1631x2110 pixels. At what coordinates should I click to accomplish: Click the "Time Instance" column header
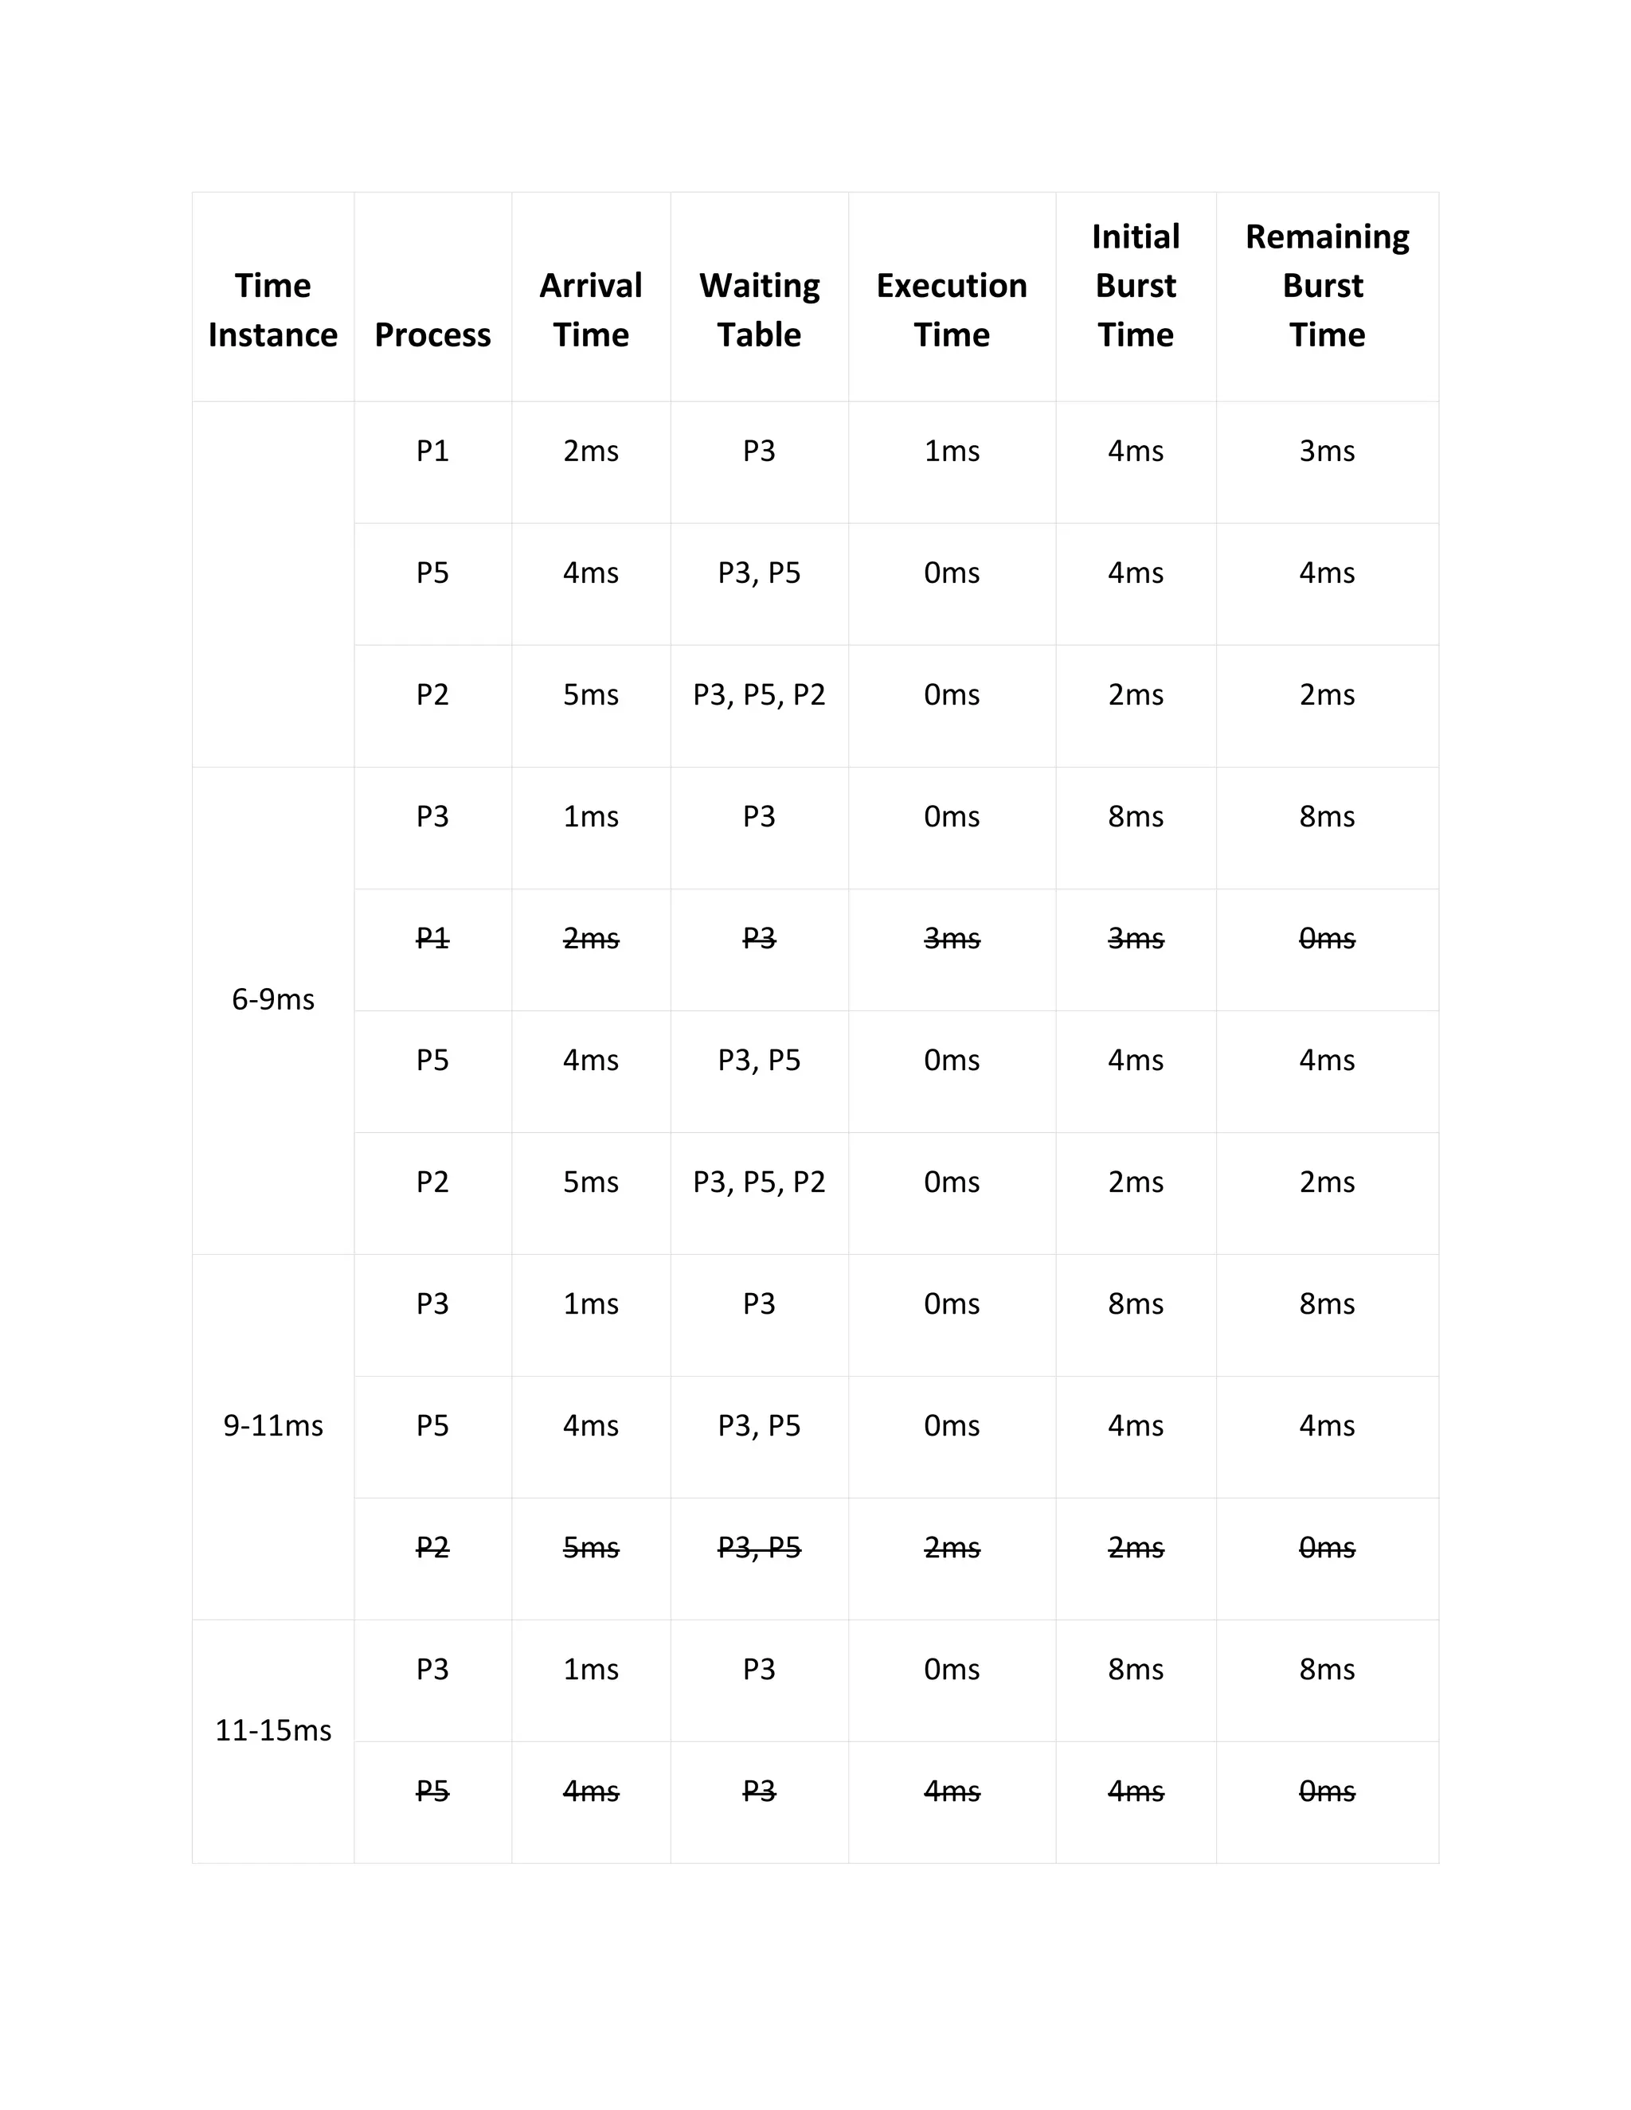272,310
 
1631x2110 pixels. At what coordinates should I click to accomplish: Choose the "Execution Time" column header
951,310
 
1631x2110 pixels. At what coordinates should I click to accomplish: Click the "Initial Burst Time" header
1136,286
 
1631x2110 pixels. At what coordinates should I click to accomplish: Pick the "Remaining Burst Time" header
1327,286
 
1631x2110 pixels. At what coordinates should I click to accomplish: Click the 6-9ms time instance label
272,999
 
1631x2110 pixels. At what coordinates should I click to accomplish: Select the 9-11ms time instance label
272,1425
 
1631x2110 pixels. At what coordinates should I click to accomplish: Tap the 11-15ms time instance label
272,1729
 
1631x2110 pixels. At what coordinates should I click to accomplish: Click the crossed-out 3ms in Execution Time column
951,938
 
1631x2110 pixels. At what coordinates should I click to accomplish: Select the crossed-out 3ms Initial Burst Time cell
1136,938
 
